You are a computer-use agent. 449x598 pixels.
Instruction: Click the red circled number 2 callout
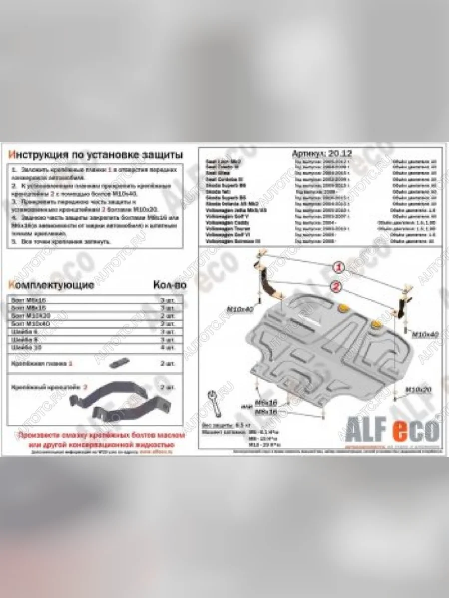(335, 286)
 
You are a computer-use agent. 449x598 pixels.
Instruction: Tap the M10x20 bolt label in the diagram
(417, 389)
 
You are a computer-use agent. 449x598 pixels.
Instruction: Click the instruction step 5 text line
(62, 242)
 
